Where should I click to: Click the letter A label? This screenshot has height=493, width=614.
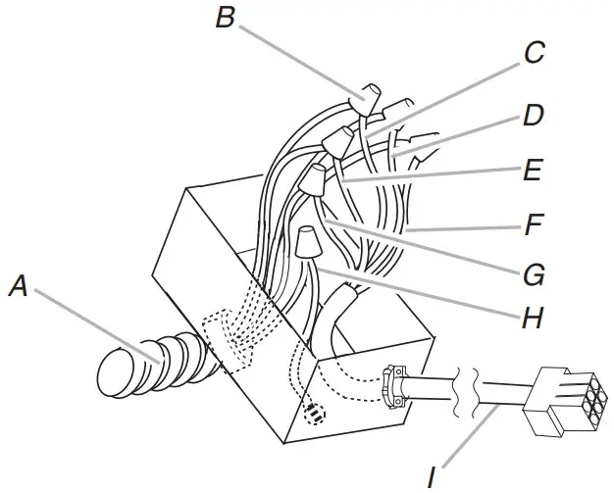18,286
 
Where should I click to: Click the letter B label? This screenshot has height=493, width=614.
226,18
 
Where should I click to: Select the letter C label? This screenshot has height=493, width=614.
534,53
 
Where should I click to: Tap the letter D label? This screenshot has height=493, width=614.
533,116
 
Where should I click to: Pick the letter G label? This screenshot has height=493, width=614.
533,275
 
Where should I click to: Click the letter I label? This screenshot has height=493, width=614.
432,477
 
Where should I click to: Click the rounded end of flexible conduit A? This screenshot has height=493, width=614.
114,375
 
